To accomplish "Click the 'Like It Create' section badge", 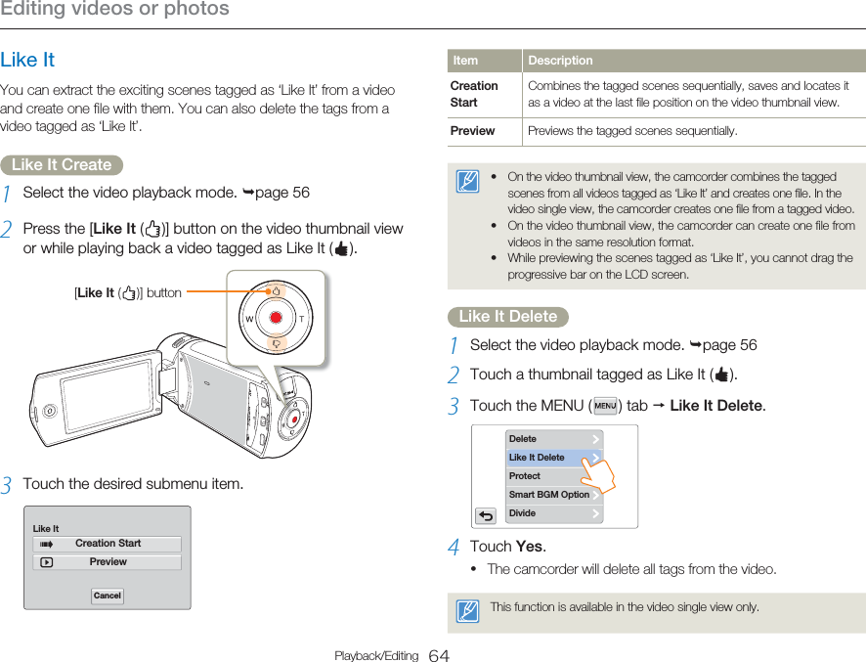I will coord(62,165).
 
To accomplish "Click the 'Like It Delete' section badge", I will coord(508,317).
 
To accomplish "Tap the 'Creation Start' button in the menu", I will coord(108,544).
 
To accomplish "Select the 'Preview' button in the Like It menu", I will coord(108,562).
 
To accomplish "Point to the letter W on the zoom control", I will coord(249,320).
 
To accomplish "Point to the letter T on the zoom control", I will coord(303,320).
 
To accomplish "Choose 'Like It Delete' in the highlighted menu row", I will coord(553,458).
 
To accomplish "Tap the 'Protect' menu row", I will coord(553,476).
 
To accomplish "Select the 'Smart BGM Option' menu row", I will coord(553,495).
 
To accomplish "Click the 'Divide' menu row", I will coord(553,513).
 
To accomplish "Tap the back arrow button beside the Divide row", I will coord(486,515).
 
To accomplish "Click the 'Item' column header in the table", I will coord(465,61).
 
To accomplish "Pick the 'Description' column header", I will coord(560,61).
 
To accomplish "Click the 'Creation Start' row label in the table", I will coord(474,94).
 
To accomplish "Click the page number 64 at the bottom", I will coord(439,655).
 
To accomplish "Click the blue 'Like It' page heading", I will coord(27,61).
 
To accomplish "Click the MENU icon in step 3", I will coord(605,406).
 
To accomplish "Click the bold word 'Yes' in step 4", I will coord(530,547).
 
